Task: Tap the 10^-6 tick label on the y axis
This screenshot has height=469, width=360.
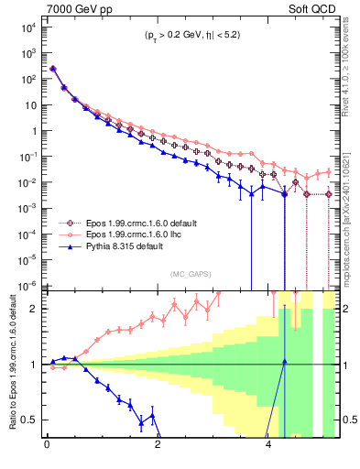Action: pos(27,285)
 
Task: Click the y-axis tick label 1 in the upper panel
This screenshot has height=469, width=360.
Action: pos(35,131)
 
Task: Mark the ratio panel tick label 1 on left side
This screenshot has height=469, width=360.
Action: pos(35,365)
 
